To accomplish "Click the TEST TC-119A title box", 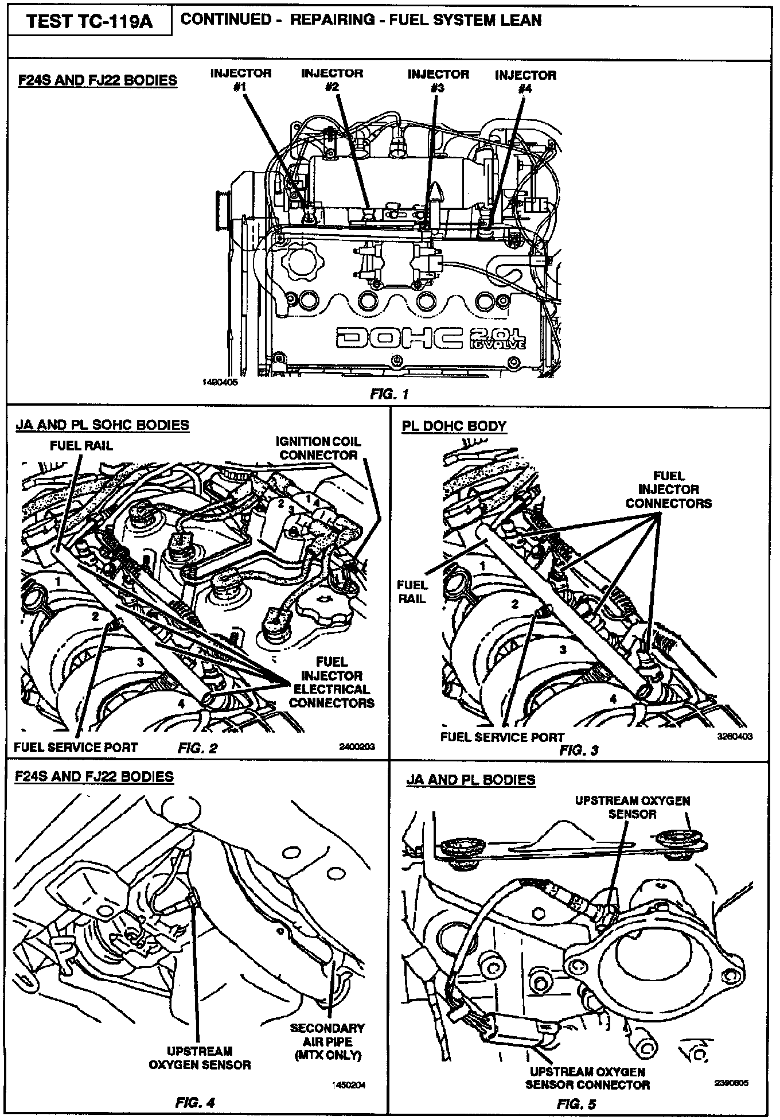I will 90,23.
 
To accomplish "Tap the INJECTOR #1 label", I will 240,80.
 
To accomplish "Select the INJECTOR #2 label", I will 331,80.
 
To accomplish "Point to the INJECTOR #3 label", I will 438,80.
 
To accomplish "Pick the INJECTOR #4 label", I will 525,81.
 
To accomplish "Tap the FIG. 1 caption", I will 389,394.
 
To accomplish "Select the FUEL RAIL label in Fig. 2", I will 81,445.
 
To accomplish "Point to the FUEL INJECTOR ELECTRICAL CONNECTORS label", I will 331,682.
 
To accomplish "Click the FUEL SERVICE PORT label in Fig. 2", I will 76,747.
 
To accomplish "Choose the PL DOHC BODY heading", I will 454,426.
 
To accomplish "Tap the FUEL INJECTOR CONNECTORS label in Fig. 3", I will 668,489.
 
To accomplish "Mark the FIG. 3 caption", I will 579,750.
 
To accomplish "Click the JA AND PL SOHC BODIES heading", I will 102,425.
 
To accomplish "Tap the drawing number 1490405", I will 220,381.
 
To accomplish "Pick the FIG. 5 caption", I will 576,1104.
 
